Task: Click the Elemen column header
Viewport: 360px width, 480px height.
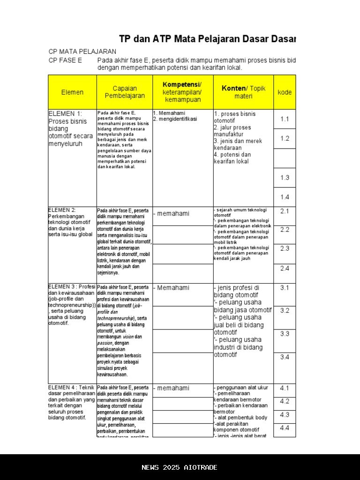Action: [72, 92]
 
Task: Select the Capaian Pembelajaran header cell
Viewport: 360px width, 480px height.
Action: [125, 92]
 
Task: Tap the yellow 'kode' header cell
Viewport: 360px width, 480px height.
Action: [285, 92]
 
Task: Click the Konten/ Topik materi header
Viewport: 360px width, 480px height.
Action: [243, 92]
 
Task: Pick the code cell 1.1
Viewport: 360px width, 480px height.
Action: [285, 119]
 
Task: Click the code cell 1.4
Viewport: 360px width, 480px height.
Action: [285, 197]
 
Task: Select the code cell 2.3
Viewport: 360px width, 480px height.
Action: [285, 248]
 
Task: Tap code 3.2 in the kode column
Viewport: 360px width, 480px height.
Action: [285, 310]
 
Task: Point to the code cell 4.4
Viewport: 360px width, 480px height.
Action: [285, 428]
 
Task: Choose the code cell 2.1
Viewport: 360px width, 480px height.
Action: [285, 211]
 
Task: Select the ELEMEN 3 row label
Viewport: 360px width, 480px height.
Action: [72, 305]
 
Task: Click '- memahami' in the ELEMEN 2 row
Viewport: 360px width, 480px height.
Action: [172, 214]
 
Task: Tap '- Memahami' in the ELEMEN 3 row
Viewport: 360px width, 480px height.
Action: [172, 288]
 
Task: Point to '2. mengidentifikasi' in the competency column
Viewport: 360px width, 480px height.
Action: [175, 119]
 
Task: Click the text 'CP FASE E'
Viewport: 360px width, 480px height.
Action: [65, 60]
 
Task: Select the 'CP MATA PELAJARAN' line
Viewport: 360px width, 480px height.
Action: [82, 51]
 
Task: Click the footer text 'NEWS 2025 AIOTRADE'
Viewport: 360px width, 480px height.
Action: [180, 467]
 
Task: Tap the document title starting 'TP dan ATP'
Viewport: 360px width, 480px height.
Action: [207, 39]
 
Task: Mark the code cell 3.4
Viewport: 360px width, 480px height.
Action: [285, 357]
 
